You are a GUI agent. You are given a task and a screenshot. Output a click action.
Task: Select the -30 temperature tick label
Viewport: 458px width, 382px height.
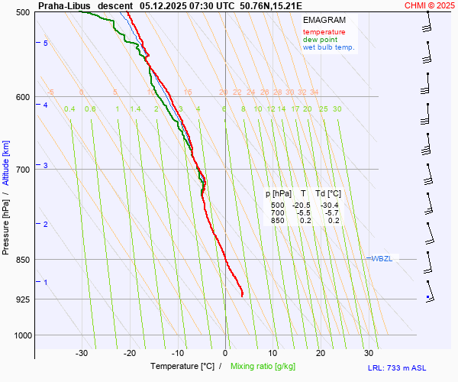(82, 353)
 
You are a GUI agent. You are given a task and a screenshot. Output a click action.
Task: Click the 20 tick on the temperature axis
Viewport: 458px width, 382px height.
(321, 353)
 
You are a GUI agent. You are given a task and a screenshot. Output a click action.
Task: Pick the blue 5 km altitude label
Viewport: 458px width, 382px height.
(46, 44)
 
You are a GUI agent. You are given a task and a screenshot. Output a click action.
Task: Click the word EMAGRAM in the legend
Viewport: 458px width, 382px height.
(324, 20)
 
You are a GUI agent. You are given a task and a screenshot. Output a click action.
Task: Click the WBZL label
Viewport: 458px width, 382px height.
(382, 259)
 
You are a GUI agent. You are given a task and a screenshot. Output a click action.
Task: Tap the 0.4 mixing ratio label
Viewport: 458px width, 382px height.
(69, 109)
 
